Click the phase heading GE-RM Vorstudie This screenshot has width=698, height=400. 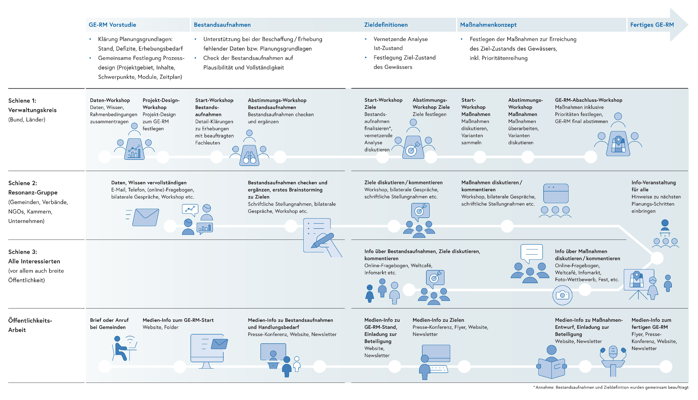pos(112,25)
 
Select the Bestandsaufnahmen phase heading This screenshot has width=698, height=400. pos(222,25)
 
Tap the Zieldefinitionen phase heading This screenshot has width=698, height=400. pos(386,25)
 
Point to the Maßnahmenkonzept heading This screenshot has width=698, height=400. pos(488,25)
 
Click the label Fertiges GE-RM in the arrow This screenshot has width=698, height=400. pos(652,25)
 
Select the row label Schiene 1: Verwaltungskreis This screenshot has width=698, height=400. pos(32,105)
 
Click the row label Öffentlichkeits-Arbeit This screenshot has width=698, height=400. pos(30,325)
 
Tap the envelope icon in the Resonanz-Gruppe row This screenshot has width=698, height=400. pos(145,217)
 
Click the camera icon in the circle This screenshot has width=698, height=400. pos(562,295)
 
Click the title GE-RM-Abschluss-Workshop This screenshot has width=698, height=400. pos(588,100)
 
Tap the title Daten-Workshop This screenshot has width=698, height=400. pos(110,100)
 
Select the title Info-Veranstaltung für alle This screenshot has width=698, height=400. pos(654,186)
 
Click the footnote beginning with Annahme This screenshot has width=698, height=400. pos(611,387)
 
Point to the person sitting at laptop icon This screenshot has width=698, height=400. pos(124,348)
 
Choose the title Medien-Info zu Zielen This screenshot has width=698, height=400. pos(438,320)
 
